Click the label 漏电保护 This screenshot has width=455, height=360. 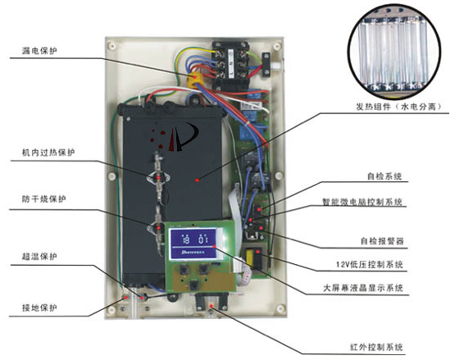[39, 51]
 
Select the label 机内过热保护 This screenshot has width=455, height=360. [48, 153]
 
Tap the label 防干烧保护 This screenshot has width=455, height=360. [44, 199]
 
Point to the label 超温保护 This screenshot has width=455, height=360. [39, 257]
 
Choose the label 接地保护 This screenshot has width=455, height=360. [39, 308]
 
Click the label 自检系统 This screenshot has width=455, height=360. [384, 176]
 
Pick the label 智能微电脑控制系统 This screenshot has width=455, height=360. [362, 202]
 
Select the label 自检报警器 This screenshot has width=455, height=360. [382, 241]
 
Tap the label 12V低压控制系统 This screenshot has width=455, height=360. [370, 265]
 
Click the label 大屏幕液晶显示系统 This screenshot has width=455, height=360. [363, 288]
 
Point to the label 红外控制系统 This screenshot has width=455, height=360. [376, 347]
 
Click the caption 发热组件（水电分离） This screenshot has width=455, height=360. [399, 107]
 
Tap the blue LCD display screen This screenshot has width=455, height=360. [193, 244]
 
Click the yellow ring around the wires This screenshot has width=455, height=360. [195, 80]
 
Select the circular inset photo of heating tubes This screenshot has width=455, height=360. [394, 52]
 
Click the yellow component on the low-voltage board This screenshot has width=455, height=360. [249, 257]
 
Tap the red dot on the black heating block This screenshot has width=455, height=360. [198, 180]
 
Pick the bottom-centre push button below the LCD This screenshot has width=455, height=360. [193, 285]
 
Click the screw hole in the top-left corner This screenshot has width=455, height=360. [111, 46]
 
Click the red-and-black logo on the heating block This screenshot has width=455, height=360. [174, 136]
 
